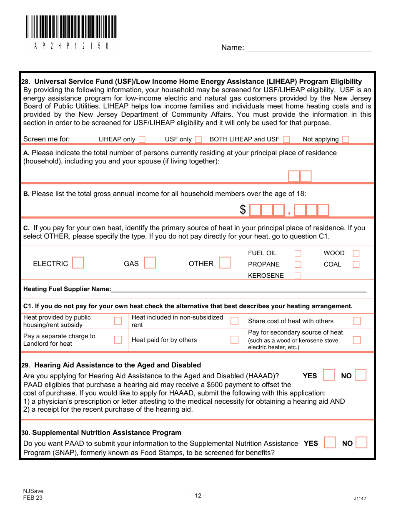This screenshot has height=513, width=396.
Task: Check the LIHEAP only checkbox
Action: (x=142, y=139)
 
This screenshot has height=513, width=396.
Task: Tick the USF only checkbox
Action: (x=198, y=139)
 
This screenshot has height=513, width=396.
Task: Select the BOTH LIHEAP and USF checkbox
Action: (x=286, y=139)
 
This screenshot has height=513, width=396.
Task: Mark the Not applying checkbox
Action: (x=345, y=139)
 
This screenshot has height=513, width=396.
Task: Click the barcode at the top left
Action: (x=71, y=28)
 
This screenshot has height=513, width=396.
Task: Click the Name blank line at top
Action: (x=309, y=48)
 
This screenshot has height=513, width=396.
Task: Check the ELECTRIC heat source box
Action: (x=78, y=263)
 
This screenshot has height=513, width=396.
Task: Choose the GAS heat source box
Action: (x=150, y=263)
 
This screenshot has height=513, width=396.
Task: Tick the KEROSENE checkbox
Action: (x=298, y=275)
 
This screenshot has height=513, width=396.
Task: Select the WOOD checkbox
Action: (x=356, y=253)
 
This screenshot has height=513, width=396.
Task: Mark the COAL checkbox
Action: (x=356, y=264)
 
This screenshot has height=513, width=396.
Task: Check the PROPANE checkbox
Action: (x=298, y=264)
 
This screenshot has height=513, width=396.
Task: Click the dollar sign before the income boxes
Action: (x=243, y=210)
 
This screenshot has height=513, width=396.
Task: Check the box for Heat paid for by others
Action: (x=234, y=339)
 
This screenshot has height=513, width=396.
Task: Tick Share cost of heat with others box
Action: (x=357, y=321)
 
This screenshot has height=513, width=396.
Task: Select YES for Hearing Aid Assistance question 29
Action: (x=329, y=375)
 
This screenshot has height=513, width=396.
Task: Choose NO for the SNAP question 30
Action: (x=361, y=443)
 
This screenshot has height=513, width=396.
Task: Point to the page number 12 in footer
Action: (x=198, y=495)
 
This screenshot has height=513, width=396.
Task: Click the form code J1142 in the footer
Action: (x=360, y=498)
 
